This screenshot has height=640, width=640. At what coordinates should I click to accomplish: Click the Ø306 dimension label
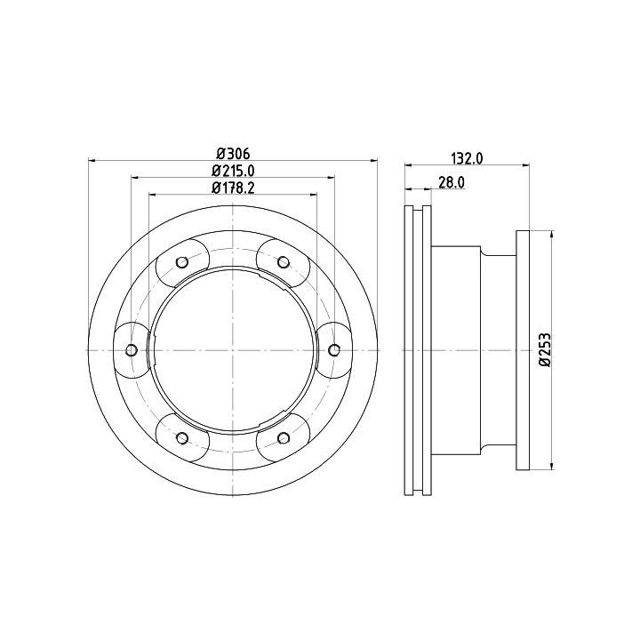[233, 154]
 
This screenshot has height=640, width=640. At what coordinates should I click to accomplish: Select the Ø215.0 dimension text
[233, 171]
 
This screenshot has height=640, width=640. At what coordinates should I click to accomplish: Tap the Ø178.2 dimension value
[233, 188]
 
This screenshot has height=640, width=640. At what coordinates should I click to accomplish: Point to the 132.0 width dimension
[468, 158]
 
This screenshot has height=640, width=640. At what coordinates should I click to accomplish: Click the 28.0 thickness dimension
[452, 182]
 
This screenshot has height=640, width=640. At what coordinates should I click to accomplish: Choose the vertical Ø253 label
[544, 350]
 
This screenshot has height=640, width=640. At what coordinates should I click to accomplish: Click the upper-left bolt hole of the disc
[182, 262]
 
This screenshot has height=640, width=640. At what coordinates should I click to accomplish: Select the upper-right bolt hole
[284, 262]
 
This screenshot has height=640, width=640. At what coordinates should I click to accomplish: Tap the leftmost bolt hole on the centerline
[132, 350]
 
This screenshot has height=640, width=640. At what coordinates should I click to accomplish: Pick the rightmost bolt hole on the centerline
[334, 350]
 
